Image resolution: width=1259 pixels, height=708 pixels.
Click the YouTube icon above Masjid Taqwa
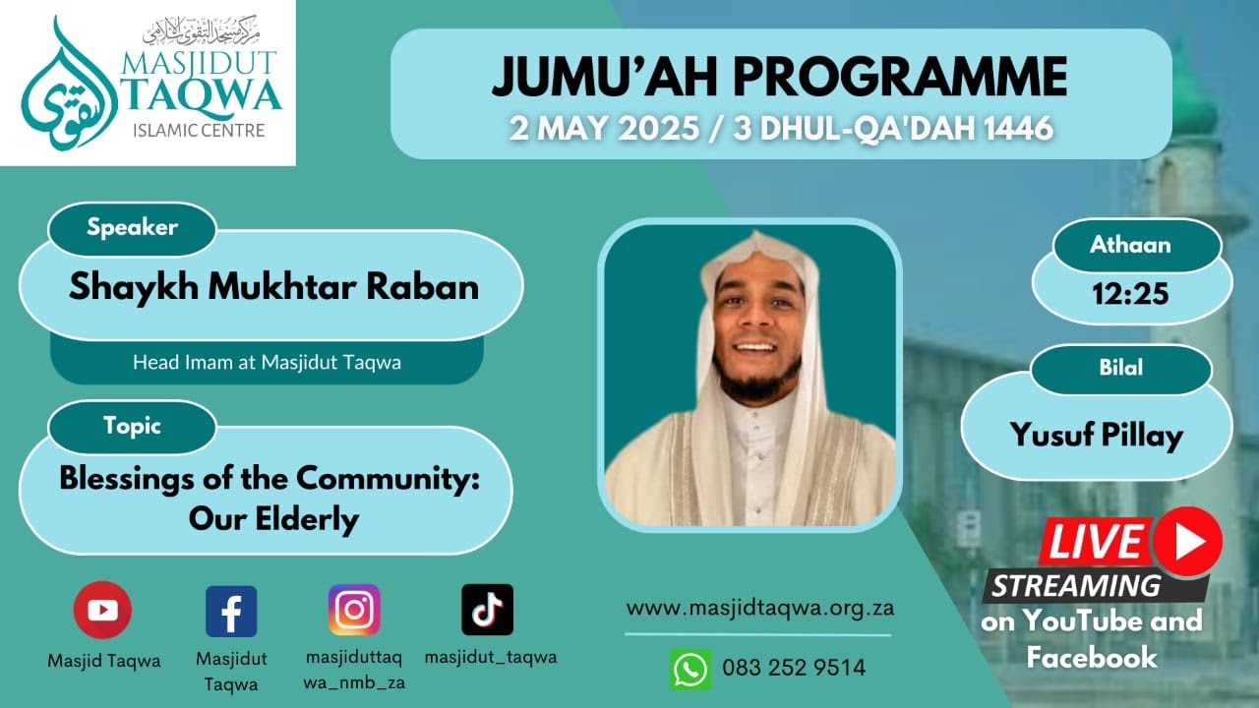coord(102,610)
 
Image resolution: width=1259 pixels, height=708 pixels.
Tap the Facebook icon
coord(231,611)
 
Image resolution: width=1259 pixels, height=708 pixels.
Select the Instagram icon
coord(354,610)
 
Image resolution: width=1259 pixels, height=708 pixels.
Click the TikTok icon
coord(487,610)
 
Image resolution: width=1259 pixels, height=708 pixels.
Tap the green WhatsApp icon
coord(690,669)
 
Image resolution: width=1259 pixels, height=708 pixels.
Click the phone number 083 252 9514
coord(794,669)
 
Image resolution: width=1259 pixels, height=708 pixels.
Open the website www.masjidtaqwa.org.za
coord(759,608)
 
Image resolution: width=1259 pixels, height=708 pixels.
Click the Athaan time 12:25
coord(1130,292)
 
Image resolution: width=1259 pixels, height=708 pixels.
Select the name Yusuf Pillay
coord(1096,435)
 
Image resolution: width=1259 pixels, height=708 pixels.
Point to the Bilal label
coord(1120,369)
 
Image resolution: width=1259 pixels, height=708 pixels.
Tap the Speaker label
coord(132,228)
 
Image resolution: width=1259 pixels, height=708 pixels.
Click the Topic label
coord(132,426)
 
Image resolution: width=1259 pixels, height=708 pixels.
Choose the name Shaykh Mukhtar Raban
coord(273,286)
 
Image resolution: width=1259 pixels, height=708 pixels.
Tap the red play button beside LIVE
coord(1188,541)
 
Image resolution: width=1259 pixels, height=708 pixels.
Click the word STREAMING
coord(1075,586)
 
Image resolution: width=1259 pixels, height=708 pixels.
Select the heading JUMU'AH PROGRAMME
coord(779,77)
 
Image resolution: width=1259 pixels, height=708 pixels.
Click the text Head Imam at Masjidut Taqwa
coord(267,362)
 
